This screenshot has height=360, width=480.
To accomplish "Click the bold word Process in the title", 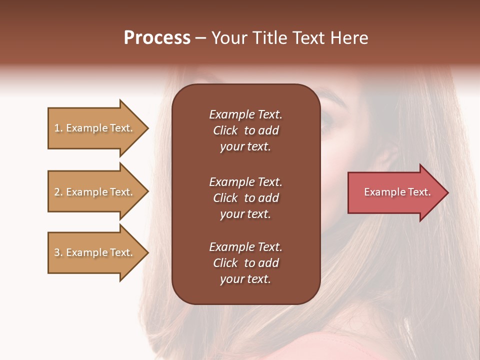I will tap(157, 38).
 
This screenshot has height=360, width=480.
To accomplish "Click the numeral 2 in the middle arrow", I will tap(57, 192).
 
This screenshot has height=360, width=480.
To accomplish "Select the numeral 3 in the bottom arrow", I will tap(57, 252).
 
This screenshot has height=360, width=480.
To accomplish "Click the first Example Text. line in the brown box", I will tap(245, 114).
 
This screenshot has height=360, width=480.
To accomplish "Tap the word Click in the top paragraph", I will tap(225, 130).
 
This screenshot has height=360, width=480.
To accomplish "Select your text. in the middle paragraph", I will tap(245, 214).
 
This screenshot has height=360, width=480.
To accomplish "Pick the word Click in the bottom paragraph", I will tap(225, 263).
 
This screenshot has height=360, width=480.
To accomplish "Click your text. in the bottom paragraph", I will tap(245, 279).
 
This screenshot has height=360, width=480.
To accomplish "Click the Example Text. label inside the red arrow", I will tap(397, 192).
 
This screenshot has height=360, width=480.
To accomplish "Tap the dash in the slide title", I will tap(200, 38).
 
